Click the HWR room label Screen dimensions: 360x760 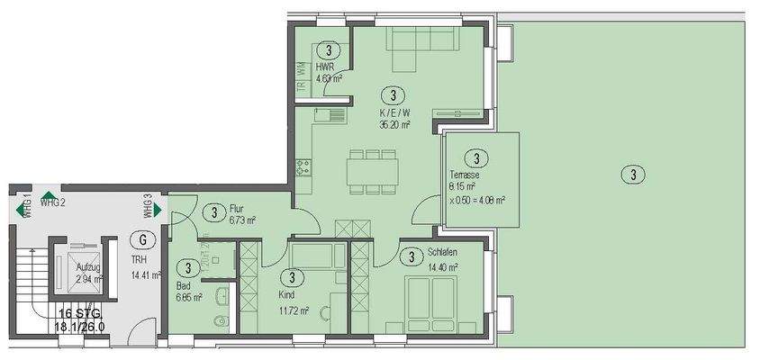(324, 67)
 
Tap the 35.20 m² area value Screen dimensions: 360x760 (394, 125)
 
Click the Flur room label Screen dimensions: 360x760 (237, 206)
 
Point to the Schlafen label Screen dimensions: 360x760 (442, 254)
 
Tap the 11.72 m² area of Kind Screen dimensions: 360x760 (294, 310)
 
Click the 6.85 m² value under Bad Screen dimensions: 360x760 (189, 295)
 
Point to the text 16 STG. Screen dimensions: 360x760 (78, 313)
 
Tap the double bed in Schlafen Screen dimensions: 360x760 (431, 301)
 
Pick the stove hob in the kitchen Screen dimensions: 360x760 (303, 166)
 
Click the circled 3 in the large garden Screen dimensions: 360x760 (635, 175)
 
